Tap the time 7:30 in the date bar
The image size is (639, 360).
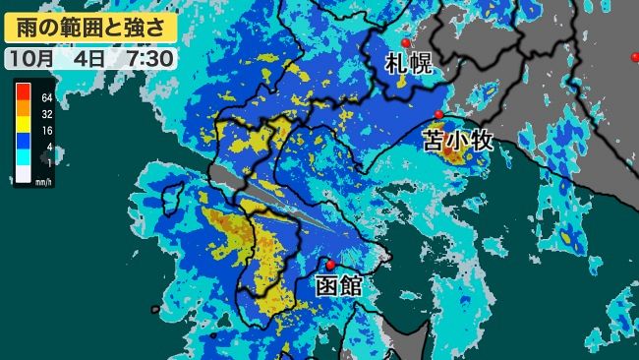coord(149,58)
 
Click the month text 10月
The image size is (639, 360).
coord(34,58)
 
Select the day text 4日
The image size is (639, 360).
coord(89,58)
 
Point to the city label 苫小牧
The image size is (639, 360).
coord(458,140)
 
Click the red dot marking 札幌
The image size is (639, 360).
coord(405,43)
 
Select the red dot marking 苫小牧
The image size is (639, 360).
coord(438,115)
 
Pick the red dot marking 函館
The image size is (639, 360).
coord(330,265)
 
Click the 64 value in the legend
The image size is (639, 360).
coord(47,97)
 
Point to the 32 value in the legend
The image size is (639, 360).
coord(47,114)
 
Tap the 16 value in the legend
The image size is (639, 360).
coord(47,131)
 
